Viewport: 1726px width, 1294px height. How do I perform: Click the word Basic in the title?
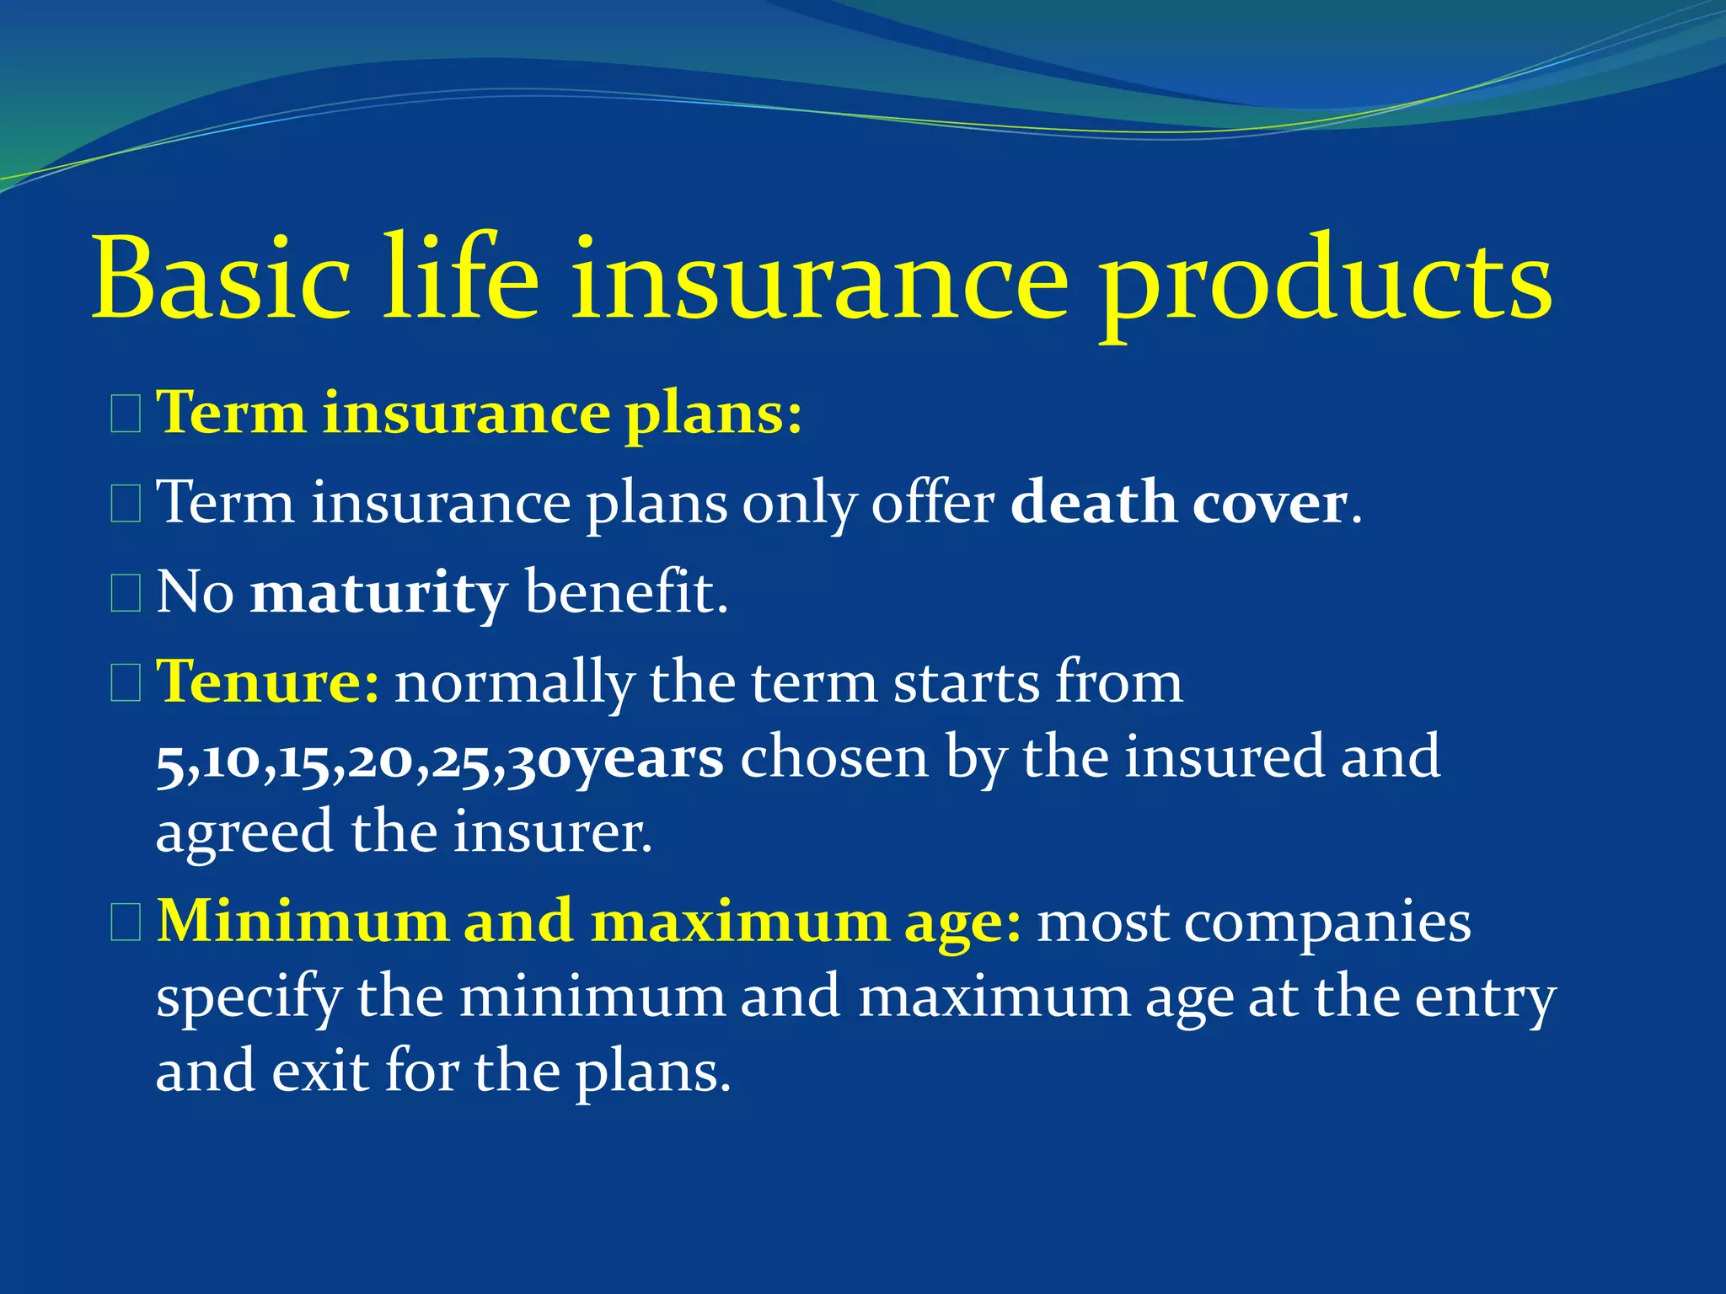tap(221, 278)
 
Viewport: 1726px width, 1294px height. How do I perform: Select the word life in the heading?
tap(461, 278)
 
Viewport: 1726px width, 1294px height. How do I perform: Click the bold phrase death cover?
tap(1178, 504)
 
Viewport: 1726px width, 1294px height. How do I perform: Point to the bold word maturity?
tap(378, 594)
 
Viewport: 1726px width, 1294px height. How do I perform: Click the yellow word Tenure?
tap(268, 682)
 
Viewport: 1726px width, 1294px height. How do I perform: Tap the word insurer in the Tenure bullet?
tap(552, 832)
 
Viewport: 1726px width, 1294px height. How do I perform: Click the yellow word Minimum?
tap(303, 921)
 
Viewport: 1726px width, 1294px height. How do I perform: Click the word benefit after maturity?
tap(625, 592)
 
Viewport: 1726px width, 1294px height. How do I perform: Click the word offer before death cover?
tap(932, 504)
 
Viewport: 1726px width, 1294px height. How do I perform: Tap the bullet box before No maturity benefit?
tap(126, 593)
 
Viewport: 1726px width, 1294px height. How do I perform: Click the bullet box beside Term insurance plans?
tap(126, 415)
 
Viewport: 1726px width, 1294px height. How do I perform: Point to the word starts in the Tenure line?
tap(967, 682)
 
